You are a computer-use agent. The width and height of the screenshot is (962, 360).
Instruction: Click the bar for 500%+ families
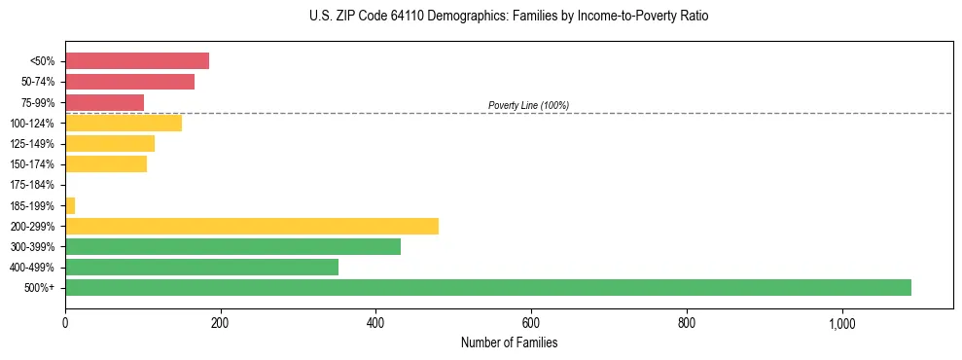(x=487, y=287)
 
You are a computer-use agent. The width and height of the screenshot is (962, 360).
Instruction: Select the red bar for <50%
(x=137, y=61)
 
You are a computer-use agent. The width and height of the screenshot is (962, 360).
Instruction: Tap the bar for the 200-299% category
(x=252, y=226)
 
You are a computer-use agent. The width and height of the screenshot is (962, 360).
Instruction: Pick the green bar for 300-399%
(x=232, y=246)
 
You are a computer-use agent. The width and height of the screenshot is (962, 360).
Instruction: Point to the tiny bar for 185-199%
(x=70, y=205)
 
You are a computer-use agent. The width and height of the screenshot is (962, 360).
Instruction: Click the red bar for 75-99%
(x=104, y=102)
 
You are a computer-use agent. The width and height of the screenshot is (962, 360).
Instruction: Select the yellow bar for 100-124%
(x=124, y=123)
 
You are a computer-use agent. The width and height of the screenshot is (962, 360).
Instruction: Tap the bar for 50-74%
(x=129, y=82)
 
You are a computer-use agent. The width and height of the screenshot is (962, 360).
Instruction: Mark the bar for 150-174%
(x=106, y=164)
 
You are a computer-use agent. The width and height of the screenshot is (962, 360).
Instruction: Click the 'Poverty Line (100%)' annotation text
(x=528, y=105)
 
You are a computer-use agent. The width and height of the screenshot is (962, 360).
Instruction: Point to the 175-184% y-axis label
(x=33, y=185)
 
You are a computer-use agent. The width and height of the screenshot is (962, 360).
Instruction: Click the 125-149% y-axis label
(x=33, y=144)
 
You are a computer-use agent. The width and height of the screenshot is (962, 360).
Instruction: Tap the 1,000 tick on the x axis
(x=841, y=324)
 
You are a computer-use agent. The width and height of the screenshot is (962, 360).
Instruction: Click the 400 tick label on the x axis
(x=375, y=324)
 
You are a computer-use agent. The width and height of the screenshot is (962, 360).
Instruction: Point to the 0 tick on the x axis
(x=65, y=324)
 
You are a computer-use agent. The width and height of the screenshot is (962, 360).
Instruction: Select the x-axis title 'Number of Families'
(x=509, y=343)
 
